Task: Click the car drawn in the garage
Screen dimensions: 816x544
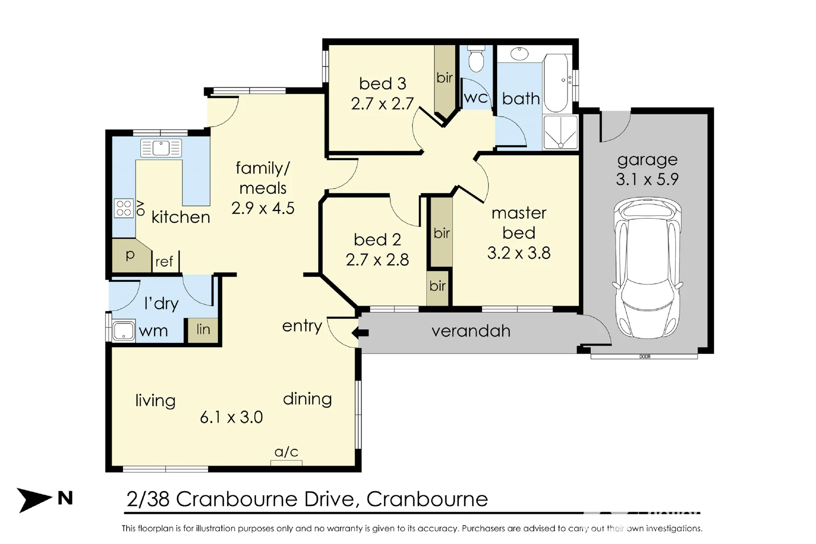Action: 647,268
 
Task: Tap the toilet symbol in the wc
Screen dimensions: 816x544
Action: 476,60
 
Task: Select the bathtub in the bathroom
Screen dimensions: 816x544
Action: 557,83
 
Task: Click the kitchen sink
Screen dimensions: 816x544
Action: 161,148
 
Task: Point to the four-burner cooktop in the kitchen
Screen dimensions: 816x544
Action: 124,208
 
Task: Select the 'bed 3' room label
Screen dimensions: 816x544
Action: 382,84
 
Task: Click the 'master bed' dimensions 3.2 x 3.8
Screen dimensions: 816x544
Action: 518,253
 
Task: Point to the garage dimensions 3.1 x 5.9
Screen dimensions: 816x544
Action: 647,179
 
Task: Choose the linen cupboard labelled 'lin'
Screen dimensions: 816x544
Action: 203,330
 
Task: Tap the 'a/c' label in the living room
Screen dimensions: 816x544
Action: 286,451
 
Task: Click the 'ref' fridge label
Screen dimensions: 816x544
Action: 164,261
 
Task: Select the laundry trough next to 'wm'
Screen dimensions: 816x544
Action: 123,331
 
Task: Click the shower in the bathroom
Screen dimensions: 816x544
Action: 561,132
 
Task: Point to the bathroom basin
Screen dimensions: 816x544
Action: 519,54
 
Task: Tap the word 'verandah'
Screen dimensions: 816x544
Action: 471,331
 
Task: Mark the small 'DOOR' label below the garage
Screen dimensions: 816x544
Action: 645,357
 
